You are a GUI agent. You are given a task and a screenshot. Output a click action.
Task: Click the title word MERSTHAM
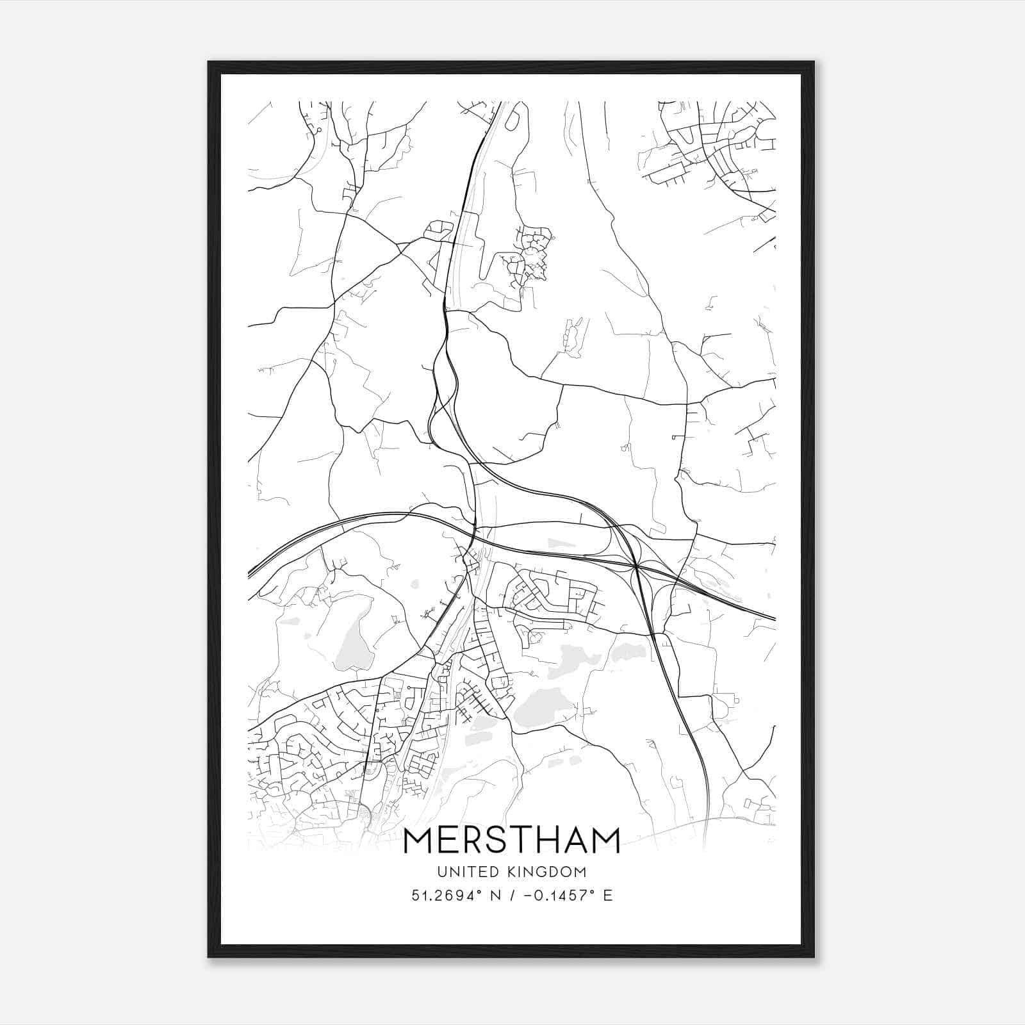click(512, 840)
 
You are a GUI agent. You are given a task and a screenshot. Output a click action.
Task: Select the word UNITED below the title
click(464, 872)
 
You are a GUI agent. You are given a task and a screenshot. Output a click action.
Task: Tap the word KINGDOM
click(548, 872)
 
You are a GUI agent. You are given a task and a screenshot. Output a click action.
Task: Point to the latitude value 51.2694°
click(447, 896)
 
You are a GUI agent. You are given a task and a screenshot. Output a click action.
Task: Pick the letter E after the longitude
click(607, 896)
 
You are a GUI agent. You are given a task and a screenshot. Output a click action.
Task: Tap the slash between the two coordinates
click(511, 896)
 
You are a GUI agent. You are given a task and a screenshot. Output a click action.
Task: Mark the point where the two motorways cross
click(635, 566)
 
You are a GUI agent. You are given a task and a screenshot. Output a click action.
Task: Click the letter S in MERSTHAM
click(496, 840)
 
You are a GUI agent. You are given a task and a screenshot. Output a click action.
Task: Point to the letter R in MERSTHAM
click(470, 840)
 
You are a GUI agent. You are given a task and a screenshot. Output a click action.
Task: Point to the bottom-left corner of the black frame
click(209, 956)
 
